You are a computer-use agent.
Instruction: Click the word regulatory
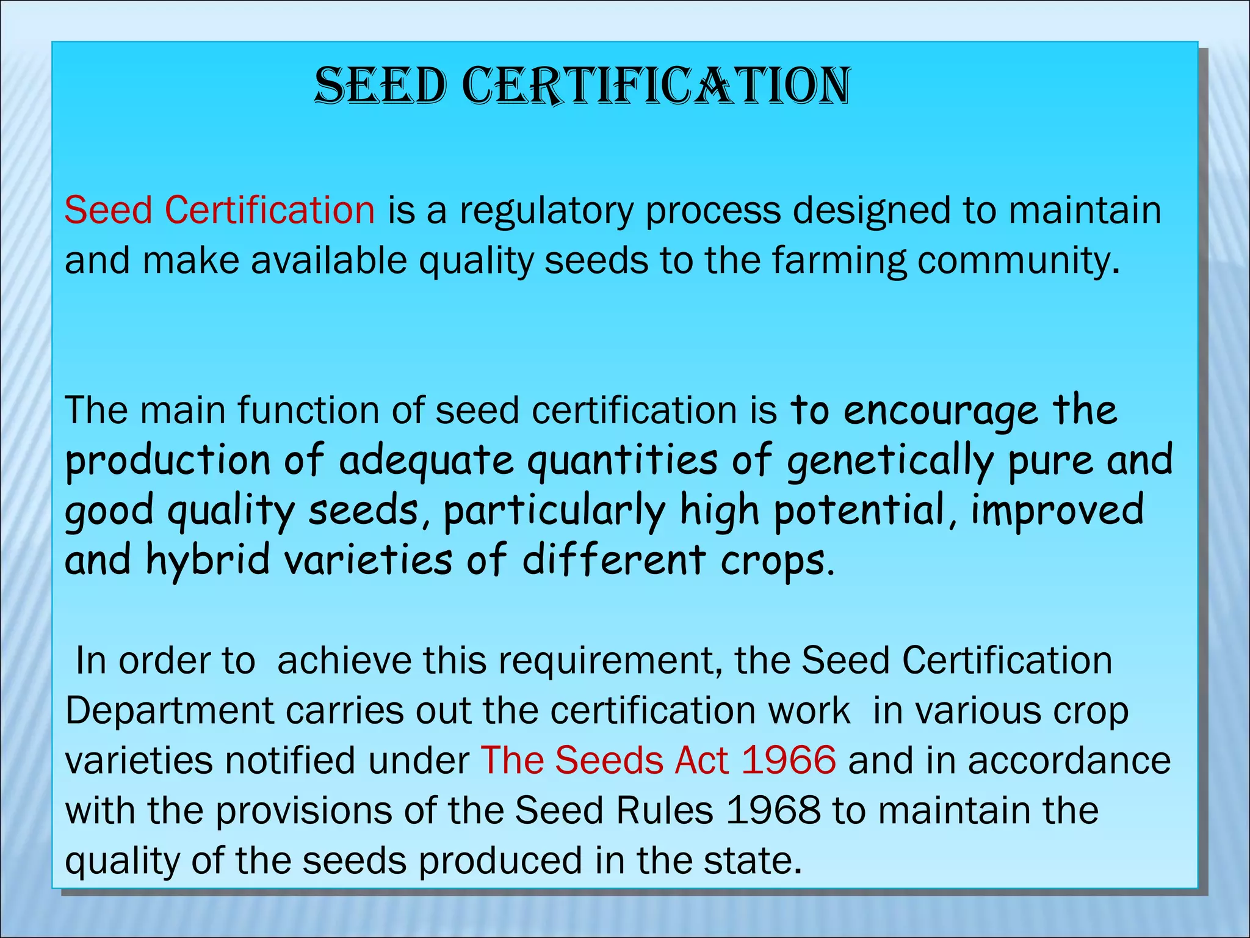(x=546, y=211)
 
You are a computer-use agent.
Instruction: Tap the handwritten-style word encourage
(x=941, y=411)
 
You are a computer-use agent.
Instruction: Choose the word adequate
(x=427, y=461)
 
